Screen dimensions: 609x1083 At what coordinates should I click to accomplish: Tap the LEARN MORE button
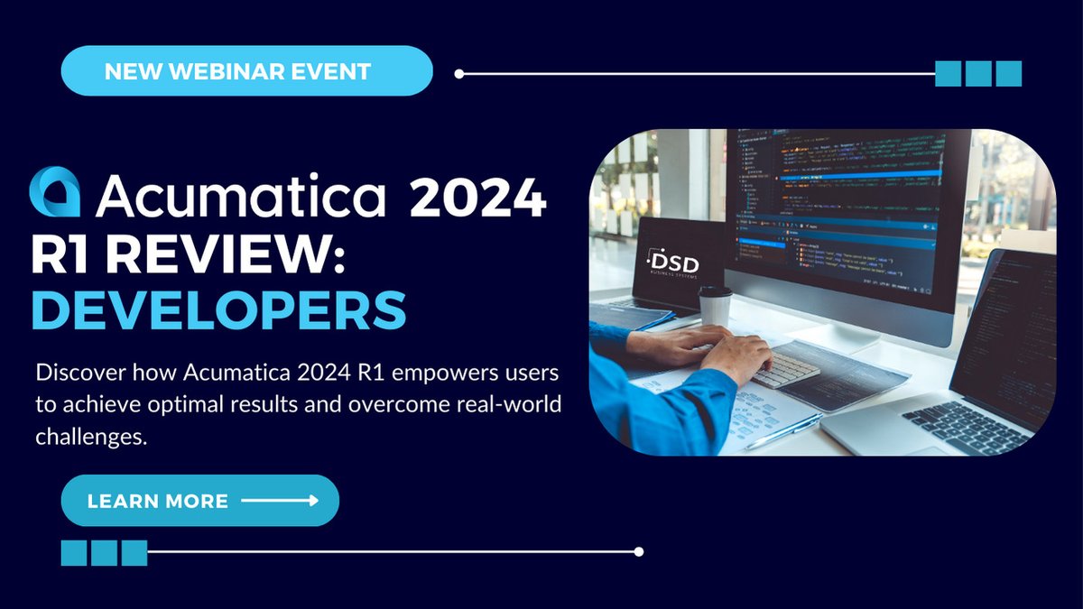[199, 501]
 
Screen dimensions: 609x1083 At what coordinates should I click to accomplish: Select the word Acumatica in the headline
[242, 196]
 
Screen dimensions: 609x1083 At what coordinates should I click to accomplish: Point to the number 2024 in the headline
[478, 197]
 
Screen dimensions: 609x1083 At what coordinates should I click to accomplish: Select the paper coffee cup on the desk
[715, 306]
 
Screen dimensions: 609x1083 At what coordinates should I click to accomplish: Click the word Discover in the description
[78, 373]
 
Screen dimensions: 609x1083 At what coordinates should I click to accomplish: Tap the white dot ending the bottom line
[639, 551]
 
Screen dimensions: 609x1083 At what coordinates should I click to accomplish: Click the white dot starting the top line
[458, 73]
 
